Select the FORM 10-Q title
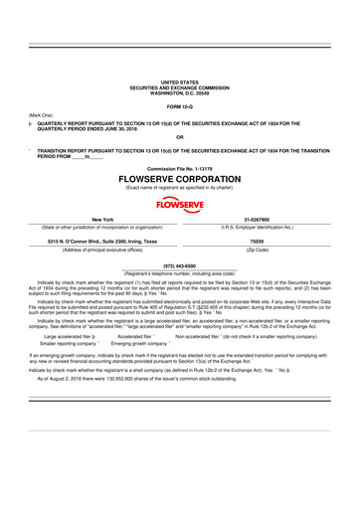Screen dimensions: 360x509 pyautogui.click(x=179, y=105)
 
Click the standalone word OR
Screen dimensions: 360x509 pyautogui.click(x=179, y=136)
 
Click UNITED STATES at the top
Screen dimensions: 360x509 pyautogui.click(x=179, y=82)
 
